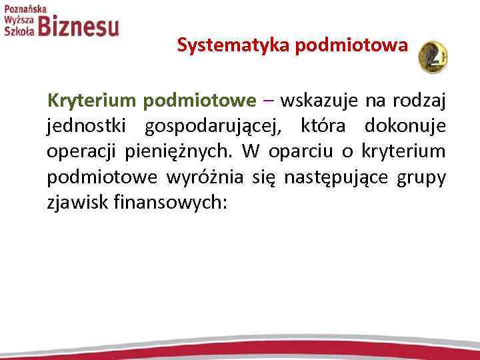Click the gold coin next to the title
tap(432, 56)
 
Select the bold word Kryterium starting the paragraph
tap(91, 101)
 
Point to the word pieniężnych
tap(179, 152)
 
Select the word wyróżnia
tap(204, 177)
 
